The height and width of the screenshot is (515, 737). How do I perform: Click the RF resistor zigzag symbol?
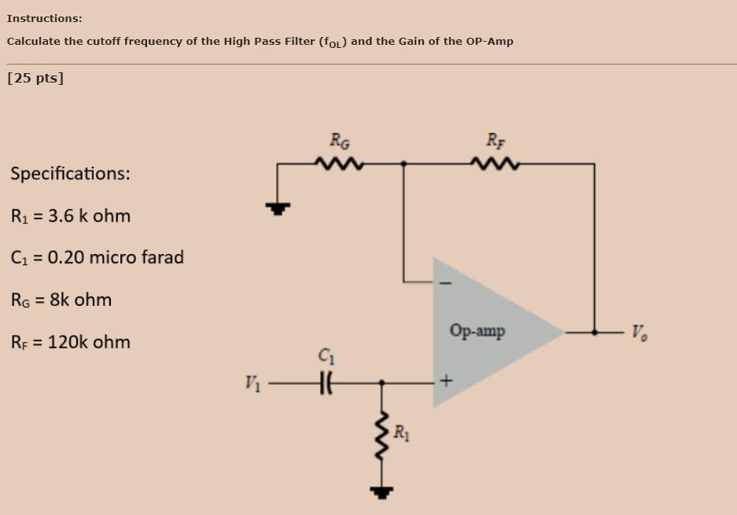(494, 164)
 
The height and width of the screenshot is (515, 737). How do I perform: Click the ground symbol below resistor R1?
(382, 493)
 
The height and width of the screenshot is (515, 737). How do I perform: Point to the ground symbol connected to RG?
(277, 208)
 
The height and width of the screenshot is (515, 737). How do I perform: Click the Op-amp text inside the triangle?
(477, 331)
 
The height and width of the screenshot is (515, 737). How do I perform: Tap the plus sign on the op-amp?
(447, 383)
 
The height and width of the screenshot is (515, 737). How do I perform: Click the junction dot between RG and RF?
(404, 164)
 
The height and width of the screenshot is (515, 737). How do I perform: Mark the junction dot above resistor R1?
(382, 384)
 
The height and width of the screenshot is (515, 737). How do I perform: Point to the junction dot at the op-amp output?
(594, 332)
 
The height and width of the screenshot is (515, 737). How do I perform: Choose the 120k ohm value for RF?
(89, 342)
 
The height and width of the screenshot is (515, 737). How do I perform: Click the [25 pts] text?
(35, 78)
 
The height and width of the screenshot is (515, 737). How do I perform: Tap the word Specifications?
(70, 173)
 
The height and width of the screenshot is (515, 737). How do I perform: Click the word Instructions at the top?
(44, 17)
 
